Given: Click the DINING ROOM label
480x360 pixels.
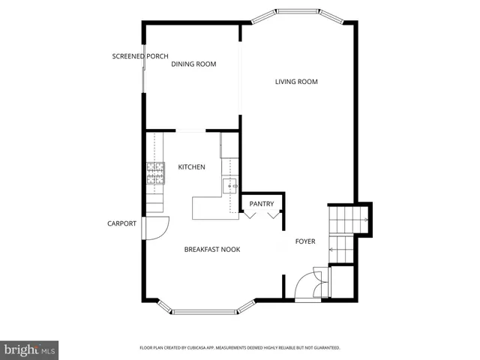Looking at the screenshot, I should point(193,64).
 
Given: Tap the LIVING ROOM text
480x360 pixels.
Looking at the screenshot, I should point(296,82).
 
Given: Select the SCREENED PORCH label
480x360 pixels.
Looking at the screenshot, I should point(139,56).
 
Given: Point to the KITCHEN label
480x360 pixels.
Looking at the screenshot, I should point(191,167).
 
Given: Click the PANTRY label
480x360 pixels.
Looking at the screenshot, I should point(261,204).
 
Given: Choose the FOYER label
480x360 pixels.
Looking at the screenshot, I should point(305,241).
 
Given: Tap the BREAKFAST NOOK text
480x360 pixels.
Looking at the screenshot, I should point(212,249).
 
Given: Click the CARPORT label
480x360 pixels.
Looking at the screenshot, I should point(121,223).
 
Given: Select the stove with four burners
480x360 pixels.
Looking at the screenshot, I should point(155,174).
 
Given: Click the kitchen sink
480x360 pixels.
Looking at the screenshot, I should point(229,185).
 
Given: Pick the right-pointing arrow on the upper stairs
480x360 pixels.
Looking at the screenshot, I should point(364,220).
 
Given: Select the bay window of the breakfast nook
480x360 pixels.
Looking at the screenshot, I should point(206,310).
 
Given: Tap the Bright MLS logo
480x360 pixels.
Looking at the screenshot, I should point(30,349).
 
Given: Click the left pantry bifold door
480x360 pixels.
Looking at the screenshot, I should point(250,215).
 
